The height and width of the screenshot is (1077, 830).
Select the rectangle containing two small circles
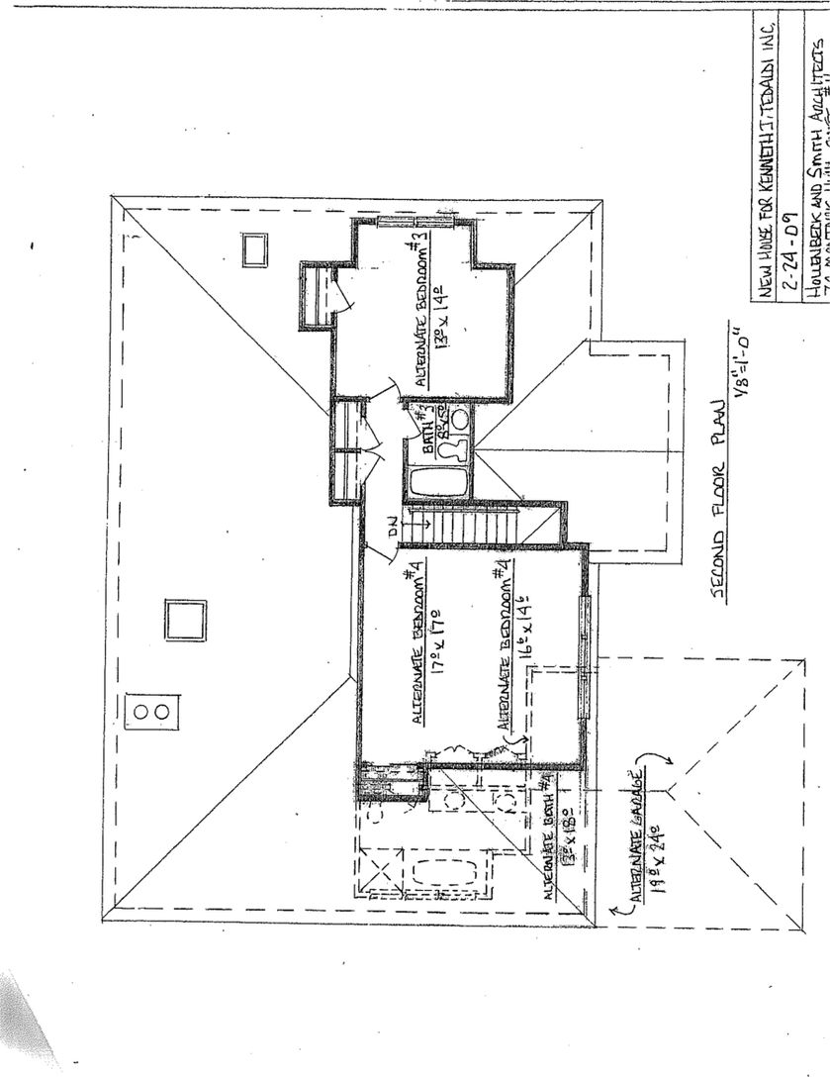click(152, 711)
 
